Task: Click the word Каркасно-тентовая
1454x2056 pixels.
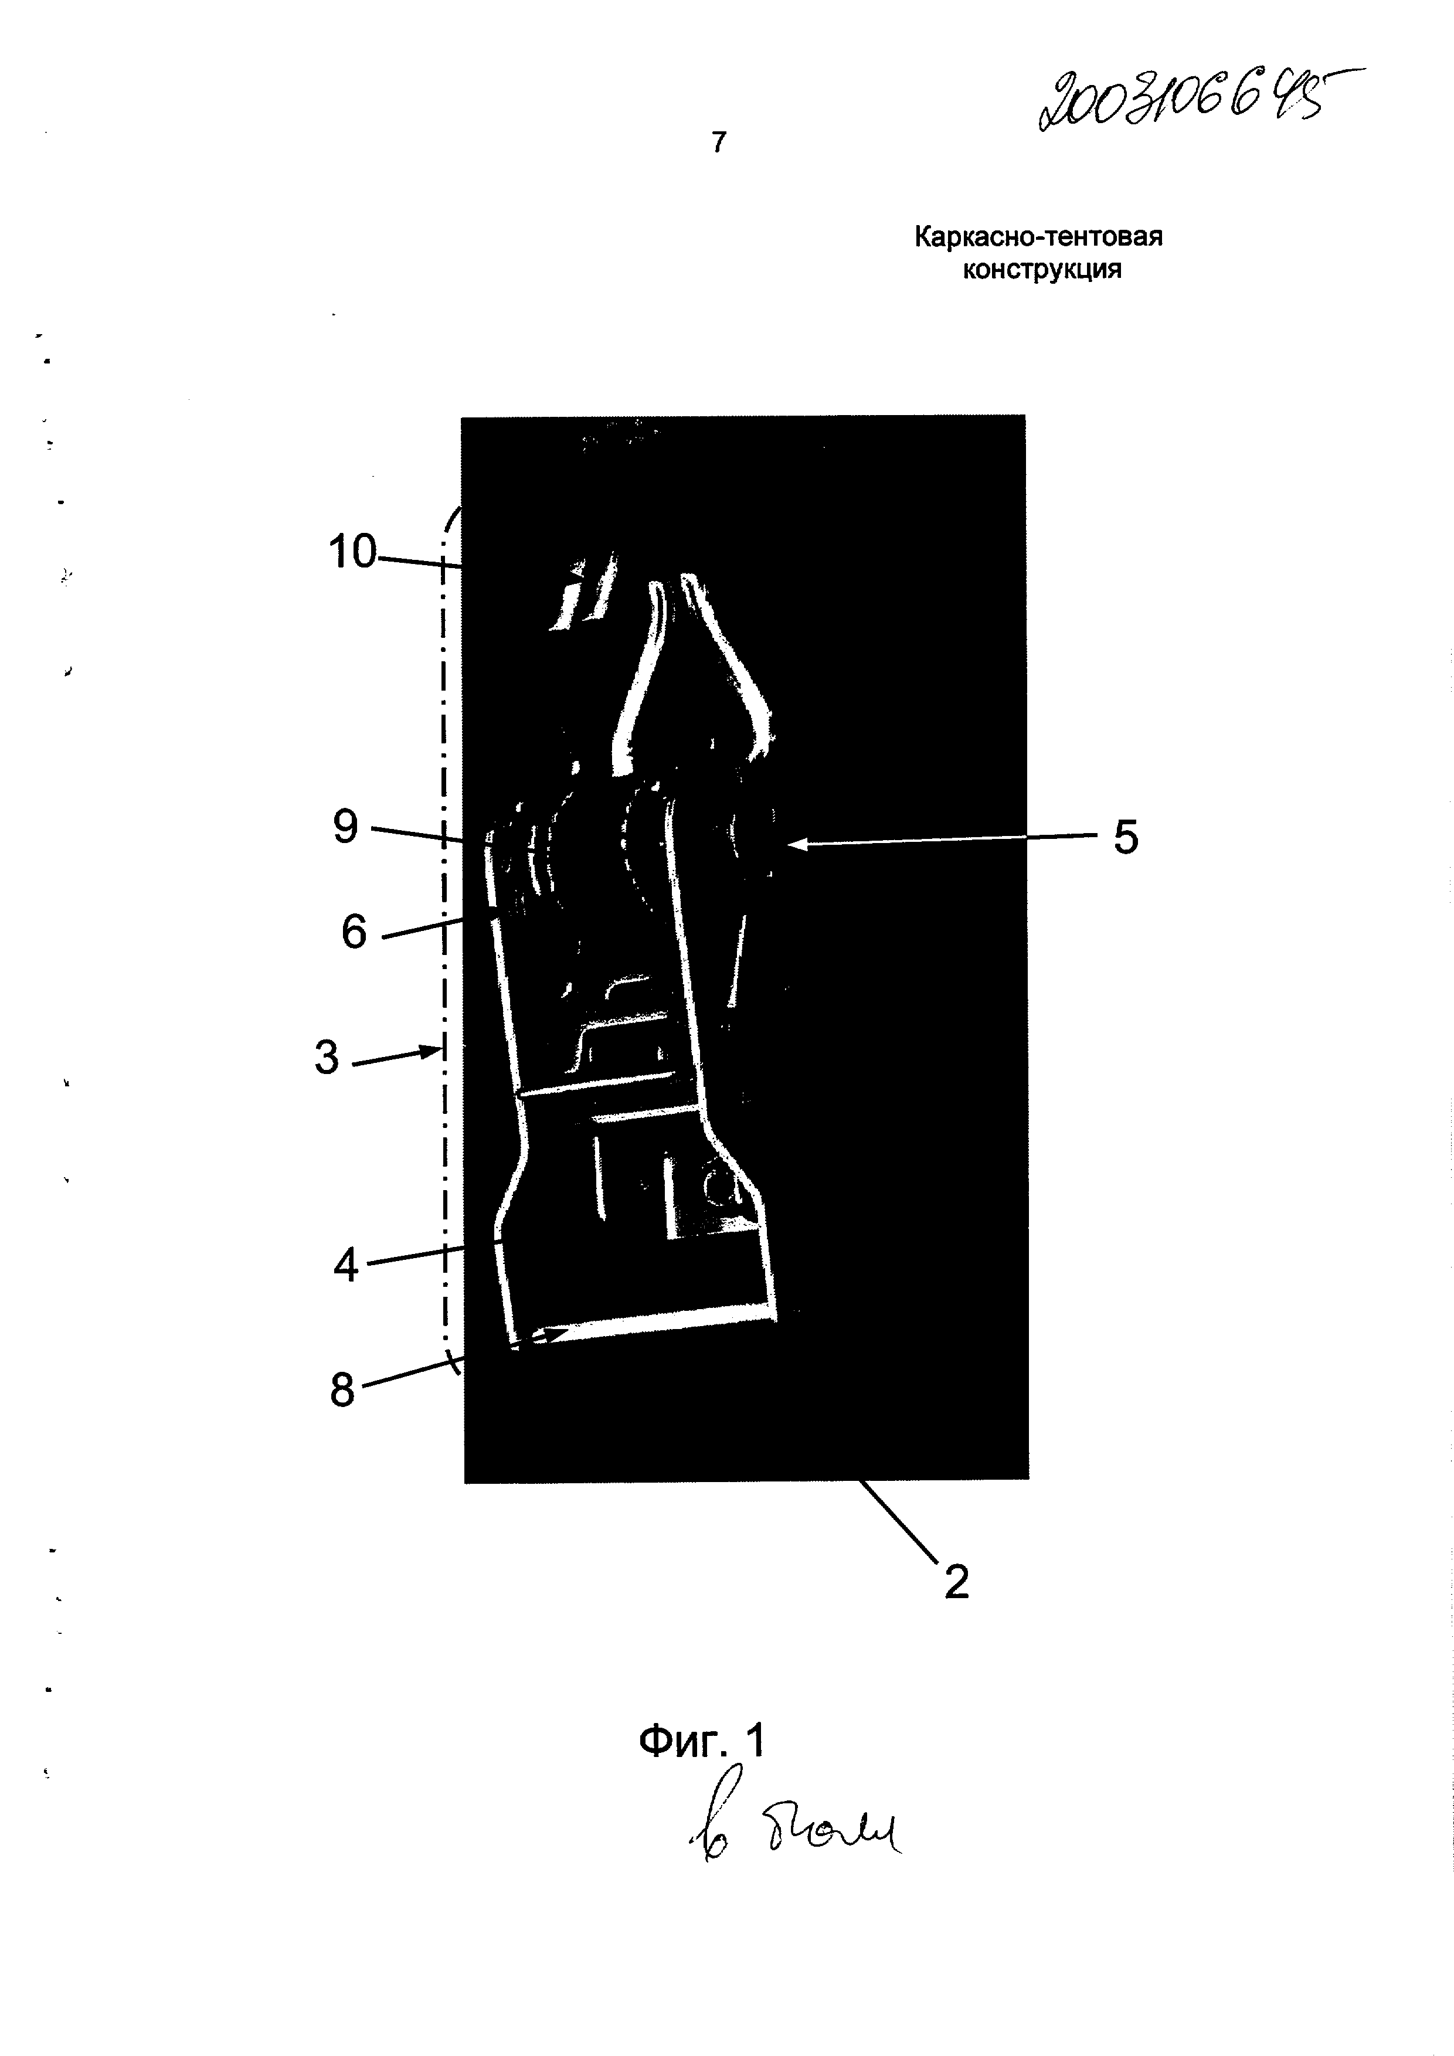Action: (x=1038, y=237)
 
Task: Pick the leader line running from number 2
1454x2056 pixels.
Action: (x=900, y=1523)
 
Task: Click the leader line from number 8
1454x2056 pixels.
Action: (x=407, y=1377)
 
